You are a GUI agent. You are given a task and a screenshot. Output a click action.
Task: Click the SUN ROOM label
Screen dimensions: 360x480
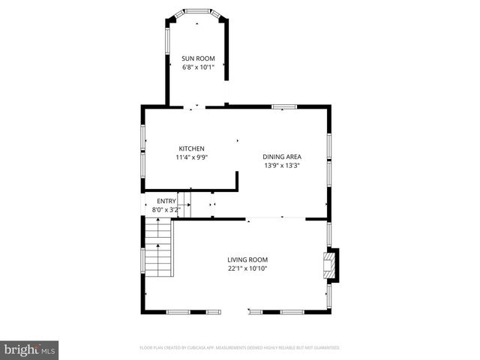[x=197, y=58]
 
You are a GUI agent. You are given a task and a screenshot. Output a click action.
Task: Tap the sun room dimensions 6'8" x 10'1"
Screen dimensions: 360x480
[x=197, y=67]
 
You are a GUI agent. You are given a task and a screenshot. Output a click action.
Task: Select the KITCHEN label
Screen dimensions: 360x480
[x=190, y=148]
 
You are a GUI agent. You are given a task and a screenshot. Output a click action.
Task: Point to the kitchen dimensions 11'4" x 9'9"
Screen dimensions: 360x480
[x=190, y=157]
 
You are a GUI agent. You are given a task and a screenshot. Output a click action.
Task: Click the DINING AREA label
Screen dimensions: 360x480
[x=282, y=157]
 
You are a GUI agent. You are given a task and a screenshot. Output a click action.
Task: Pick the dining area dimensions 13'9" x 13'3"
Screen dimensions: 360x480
[x=282, y=166]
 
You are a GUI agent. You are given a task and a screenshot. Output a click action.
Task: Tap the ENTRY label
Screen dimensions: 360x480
[x=166, y=201]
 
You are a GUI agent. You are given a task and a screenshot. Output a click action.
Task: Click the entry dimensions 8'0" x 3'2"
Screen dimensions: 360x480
[x=166, y=210]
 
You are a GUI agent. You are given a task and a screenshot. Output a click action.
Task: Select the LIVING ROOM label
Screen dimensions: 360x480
[x=247, y=259]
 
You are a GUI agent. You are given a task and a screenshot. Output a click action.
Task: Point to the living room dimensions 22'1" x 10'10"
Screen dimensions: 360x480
[x=247, y=268]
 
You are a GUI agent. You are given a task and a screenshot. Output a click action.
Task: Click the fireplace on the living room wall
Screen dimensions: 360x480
[x=331, y=263]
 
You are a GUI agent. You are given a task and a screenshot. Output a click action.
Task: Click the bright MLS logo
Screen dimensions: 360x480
[x=30, y=349]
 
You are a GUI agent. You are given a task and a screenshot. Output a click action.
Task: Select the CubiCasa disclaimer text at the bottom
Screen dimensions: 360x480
[x=240, y=348]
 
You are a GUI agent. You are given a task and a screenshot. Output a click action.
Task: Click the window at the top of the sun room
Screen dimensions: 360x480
[x=197, y=12]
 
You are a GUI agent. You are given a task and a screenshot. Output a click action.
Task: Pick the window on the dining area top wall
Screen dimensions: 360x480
[x=283, y=107]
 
